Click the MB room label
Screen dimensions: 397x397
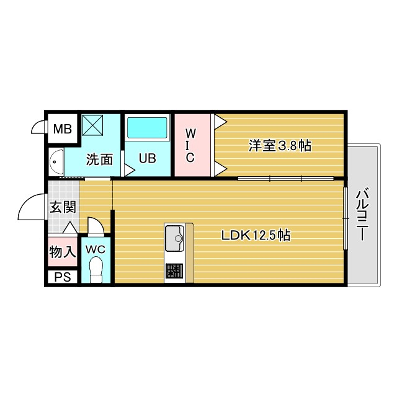[x=62, y=129]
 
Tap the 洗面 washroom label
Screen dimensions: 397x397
[x=99, y=159]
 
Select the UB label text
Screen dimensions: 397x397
[x=147, y=158]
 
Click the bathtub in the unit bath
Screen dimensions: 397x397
[x=148, y=129]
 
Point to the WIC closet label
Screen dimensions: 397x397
[x=190, y=145]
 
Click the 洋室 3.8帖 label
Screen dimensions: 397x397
[x=280, y=146]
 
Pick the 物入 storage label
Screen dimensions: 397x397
[x=63, y=251]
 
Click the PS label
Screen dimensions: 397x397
[x=62, y=277]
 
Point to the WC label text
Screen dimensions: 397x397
[x=96, y=249]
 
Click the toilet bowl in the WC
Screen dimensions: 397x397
[x=96, y=269]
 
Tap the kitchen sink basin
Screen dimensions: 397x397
[x=173, y=236]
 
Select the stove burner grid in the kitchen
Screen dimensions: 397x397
[x=174, y=271]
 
